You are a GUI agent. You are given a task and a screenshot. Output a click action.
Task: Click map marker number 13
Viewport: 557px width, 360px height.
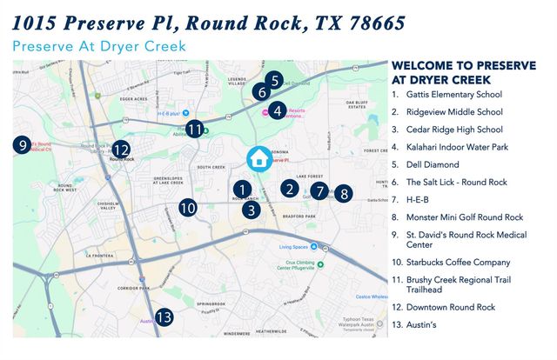click(164, 317)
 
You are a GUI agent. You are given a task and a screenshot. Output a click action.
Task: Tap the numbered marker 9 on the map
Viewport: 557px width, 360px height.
click(22, 144)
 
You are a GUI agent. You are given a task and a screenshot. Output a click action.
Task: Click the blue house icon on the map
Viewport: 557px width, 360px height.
click(258, 158)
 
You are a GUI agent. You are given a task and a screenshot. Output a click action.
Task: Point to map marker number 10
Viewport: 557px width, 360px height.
click(187, 208)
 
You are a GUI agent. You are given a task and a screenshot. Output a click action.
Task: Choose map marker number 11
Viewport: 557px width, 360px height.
click(195, 129)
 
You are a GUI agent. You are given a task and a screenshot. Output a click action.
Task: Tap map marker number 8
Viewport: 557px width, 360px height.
click(344, 194)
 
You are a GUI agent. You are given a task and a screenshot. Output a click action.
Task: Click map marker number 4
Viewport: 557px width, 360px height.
click(276, 110)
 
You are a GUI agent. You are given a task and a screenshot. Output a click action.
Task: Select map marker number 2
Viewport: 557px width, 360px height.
click(289, 188)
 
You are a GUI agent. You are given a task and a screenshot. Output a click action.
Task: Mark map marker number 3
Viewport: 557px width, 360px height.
click(251, 209)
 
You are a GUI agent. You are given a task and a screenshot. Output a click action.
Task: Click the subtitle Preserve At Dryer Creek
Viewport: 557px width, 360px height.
click(100, 46)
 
